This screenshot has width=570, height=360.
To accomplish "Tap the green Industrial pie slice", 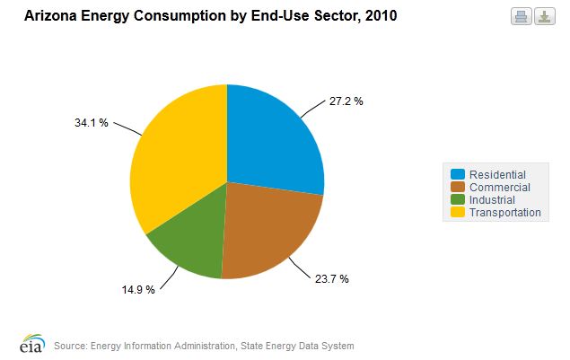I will [189, 247].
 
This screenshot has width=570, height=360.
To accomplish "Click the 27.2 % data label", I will [346, 101].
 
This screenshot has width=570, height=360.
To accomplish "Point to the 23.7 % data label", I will [331, 278].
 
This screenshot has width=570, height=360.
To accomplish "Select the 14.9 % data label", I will [138, 290].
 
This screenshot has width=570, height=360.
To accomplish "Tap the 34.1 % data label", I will [91, 123].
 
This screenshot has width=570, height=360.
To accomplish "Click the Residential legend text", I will [497, 174].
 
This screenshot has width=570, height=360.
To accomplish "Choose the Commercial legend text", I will [500, 187].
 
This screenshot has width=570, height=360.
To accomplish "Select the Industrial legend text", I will [492, 199].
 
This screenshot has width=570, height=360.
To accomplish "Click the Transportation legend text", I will [505, 213].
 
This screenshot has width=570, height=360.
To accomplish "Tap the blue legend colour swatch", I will [458, 174].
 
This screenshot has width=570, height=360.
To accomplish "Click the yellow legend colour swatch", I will [458, 213].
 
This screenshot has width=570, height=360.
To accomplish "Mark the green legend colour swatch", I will [458, 199].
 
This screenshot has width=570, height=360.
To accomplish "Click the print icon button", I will [521, 16].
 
